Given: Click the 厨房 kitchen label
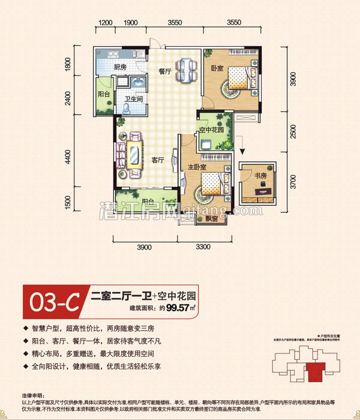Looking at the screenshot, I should tap(120, 67).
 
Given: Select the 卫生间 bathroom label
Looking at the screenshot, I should tap(133, 98).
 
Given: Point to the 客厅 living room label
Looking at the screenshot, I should tap(158, 160).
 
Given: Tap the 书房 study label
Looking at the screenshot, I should tap(260, 176).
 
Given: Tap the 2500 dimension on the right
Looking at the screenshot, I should tap(292, 131).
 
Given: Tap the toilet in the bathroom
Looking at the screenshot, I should tap(127, 107).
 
